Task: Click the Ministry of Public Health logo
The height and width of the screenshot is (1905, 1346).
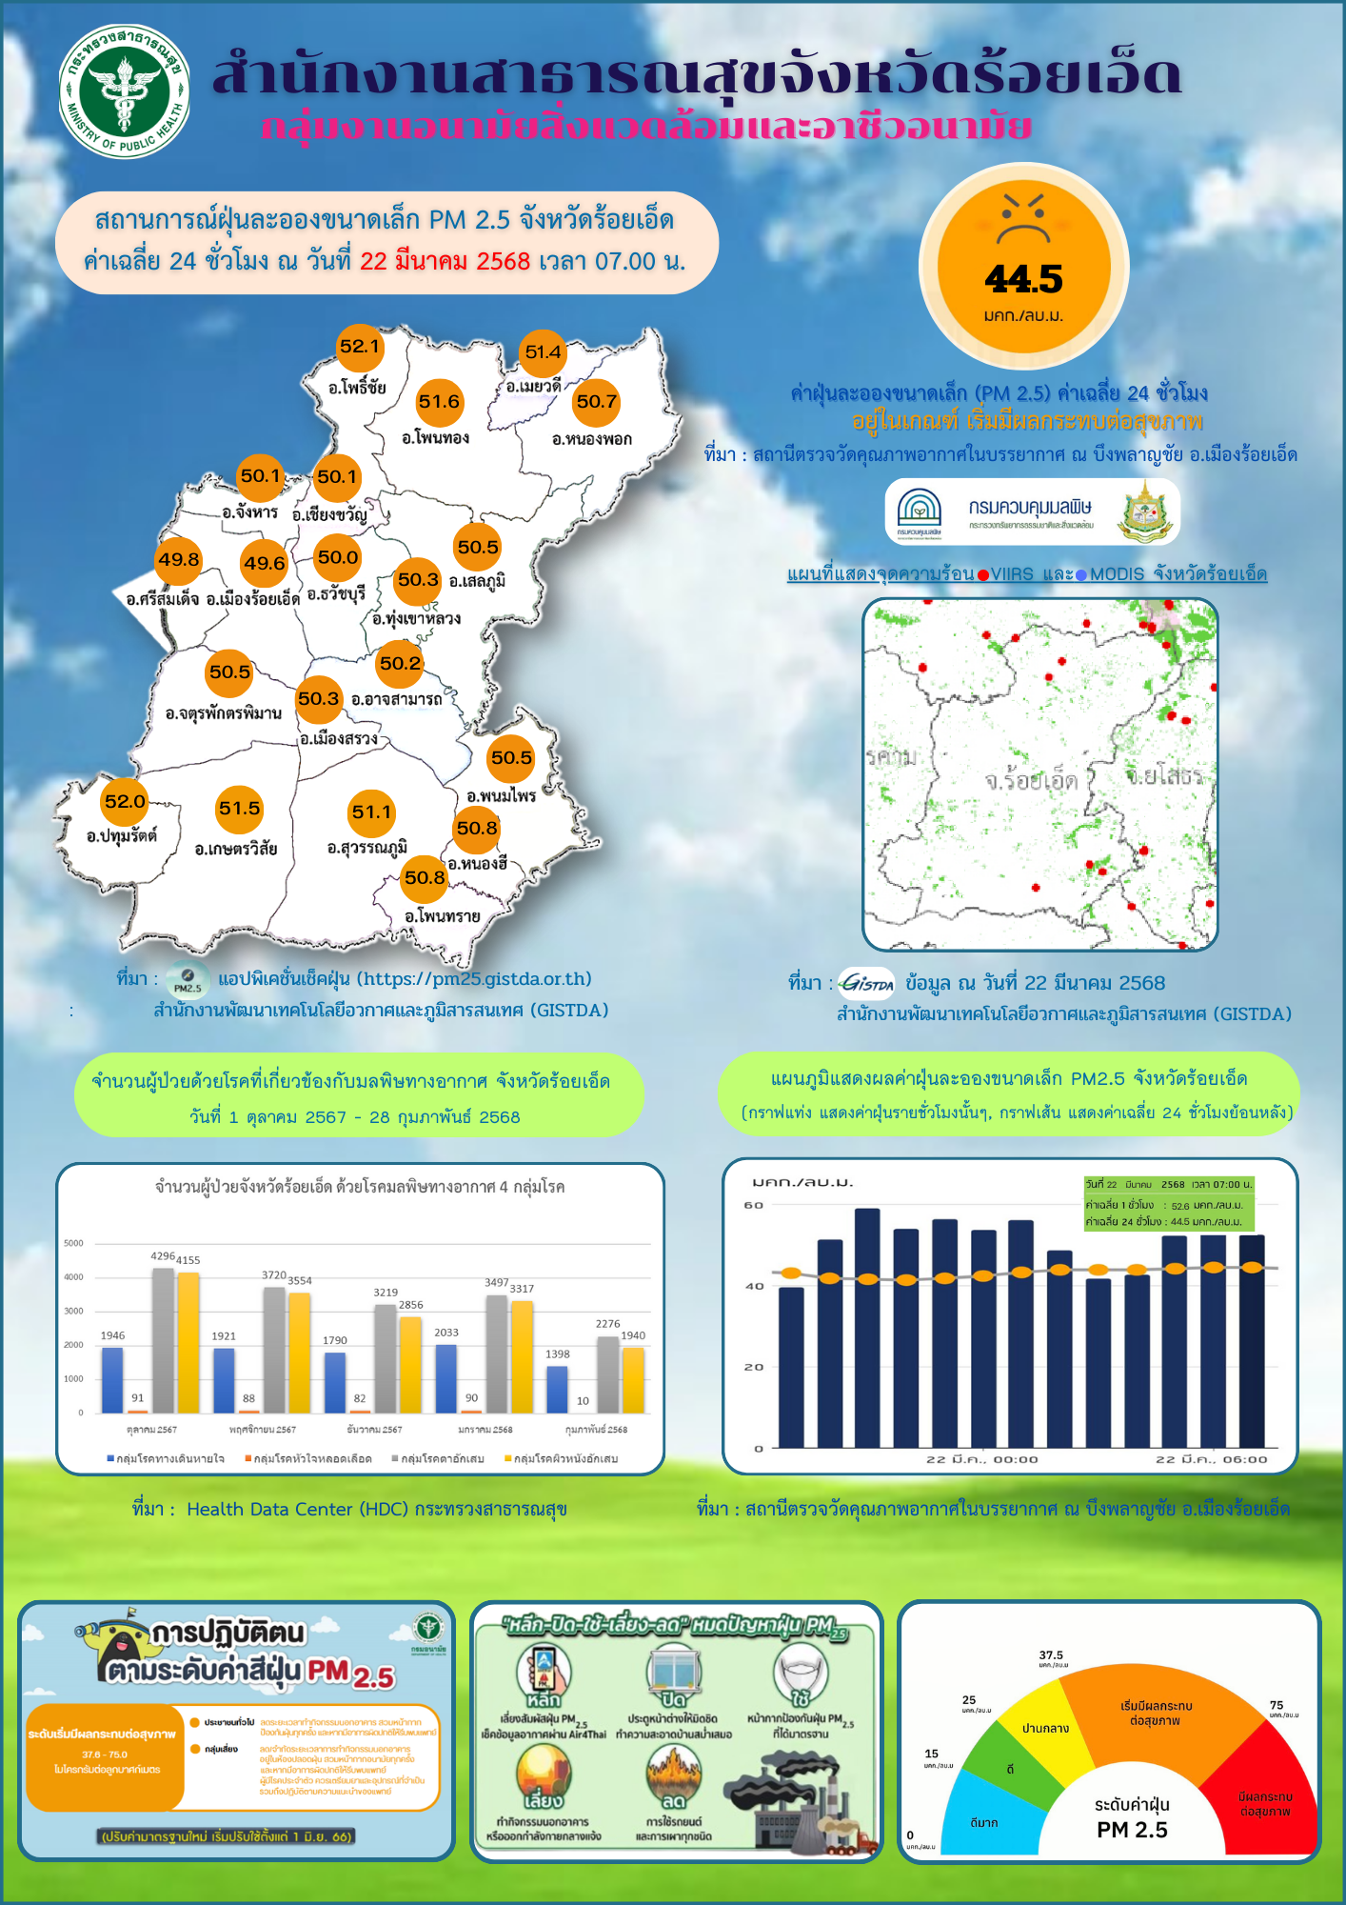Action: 124,91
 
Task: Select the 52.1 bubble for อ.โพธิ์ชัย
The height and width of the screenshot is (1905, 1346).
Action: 360,347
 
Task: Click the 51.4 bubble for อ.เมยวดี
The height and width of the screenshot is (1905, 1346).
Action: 543,352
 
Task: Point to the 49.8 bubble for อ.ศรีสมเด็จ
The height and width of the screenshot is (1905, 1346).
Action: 179,560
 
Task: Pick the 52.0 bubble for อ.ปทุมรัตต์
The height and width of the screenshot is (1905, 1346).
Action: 125,802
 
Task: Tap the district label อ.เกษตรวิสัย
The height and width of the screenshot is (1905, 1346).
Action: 236,849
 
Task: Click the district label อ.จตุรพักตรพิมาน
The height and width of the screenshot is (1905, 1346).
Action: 223,712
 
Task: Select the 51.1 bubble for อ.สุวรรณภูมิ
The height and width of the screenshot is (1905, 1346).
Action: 371,812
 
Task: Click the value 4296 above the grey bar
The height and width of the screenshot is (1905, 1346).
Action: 163,1256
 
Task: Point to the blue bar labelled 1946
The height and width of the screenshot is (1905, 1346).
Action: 112,1379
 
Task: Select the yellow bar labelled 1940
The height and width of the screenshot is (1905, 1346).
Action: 633,1379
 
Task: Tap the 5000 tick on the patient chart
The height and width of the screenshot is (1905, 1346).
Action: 74,1243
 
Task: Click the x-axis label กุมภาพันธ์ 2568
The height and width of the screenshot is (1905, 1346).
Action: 596,1430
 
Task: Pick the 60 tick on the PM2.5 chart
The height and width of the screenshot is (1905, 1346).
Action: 754,1205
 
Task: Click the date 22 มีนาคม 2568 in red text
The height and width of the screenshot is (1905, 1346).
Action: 445,261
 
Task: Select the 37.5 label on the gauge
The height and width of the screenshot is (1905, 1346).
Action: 1051,1655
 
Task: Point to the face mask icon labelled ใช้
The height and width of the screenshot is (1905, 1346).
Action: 801,1674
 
